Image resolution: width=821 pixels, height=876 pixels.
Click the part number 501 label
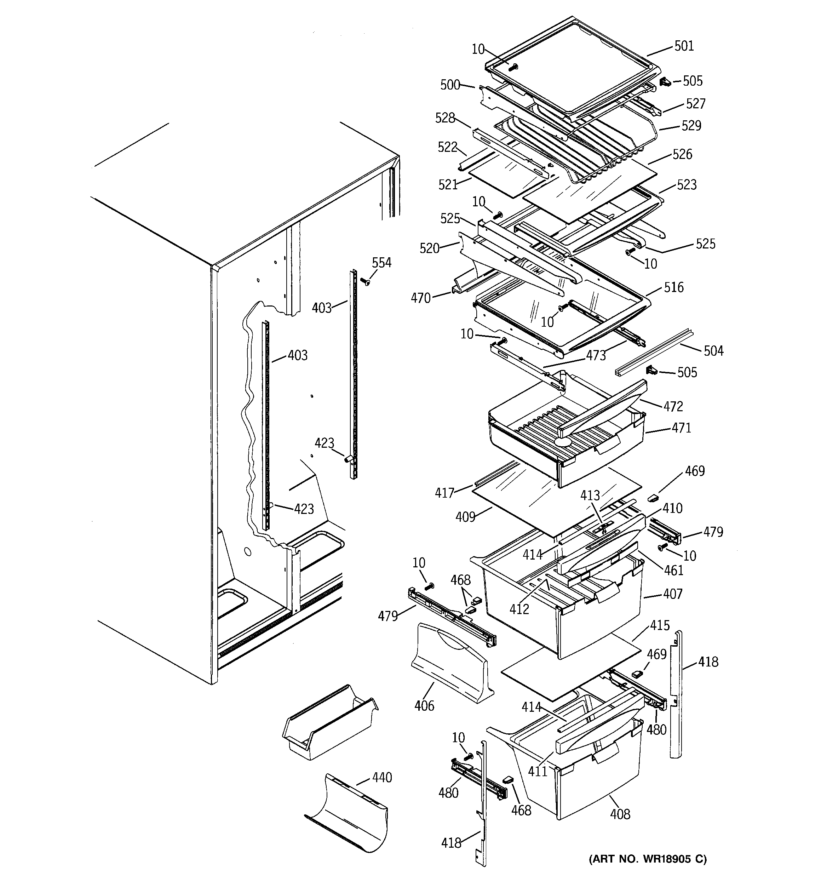pos(684,46)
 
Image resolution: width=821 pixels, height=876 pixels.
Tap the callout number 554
pos(381,263)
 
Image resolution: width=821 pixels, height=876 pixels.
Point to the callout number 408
pos(620,814)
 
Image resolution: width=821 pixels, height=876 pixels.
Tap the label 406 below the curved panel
pos(424,705)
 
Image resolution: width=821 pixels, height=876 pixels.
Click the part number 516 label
pos(673,287)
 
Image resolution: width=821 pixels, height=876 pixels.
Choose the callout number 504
pos(713,351)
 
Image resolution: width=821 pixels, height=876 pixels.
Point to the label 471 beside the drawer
pos(681,428)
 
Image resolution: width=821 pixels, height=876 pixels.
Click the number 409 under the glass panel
pos(465,516)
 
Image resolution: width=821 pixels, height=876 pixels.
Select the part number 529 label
pos(691,126)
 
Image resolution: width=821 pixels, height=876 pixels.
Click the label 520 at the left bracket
pos(429,248)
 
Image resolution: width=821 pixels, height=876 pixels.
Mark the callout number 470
pos(420,298)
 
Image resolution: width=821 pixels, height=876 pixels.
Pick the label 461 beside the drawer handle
pos(673,570)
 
